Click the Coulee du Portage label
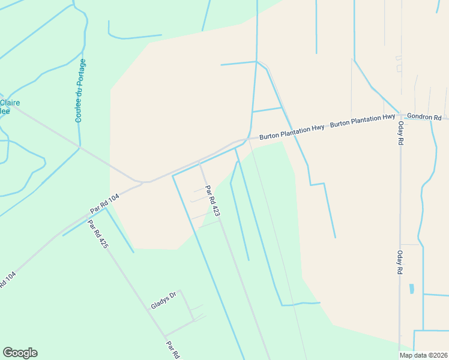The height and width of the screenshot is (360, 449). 80,91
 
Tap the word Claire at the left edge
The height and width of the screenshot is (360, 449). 11,103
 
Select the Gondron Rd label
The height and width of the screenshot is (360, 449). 424,116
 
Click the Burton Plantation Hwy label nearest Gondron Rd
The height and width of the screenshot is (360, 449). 363,120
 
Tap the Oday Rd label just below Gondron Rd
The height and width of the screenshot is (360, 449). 399,133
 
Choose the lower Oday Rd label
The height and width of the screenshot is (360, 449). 399,262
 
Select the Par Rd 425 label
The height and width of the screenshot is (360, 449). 98,235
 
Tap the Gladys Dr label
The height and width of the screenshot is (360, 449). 163,301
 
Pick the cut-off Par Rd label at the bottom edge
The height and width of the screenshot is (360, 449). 172,350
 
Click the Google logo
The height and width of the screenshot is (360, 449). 20,353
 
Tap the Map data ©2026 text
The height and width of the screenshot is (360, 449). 423,355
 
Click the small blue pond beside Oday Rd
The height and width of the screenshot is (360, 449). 411,289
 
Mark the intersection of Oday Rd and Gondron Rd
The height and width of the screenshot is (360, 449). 400,118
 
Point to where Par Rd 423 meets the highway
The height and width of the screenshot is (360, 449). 199,161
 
